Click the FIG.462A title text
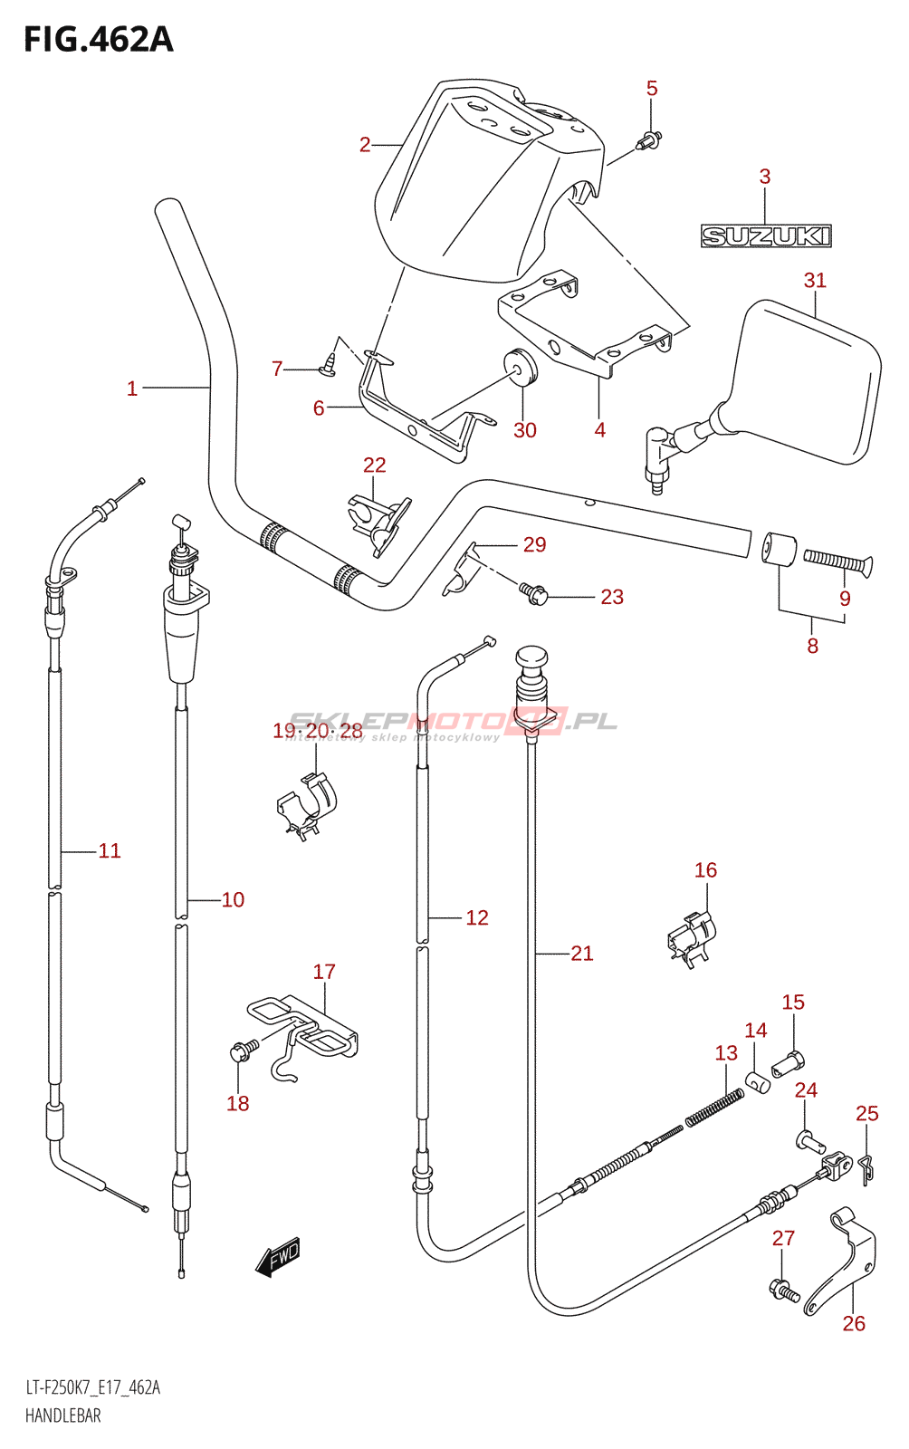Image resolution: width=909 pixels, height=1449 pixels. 98,40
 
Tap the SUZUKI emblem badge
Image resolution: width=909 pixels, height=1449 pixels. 765,236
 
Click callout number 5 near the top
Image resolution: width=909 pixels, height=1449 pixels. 652,88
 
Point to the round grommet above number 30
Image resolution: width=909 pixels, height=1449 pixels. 521,366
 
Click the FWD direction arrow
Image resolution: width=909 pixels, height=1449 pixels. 278,1257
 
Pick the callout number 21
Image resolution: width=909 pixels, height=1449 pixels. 582,953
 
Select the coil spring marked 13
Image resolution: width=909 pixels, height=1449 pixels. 714,1108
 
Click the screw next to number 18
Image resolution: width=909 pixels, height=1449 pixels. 242,1051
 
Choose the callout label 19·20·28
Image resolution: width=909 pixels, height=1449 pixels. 318,731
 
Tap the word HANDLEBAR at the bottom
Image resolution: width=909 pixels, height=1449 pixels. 62,1415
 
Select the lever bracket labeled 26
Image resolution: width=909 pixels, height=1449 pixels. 843,1261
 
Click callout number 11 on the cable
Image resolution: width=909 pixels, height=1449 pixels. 110,850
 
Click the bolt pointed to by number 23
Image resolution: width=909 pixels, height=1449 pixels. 532,593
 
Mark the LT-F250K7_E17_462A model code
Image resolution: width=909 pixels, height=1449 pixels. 92,1387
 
